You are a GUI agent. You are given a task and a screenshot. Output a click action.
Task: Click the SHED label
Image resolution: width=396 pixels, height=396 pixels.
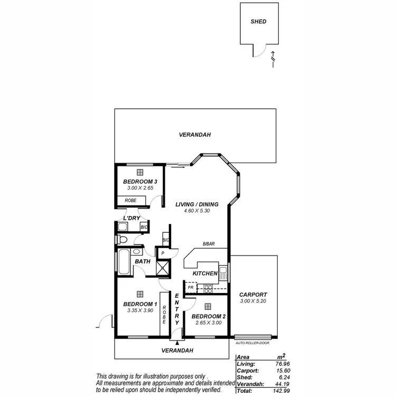tap(258, 22)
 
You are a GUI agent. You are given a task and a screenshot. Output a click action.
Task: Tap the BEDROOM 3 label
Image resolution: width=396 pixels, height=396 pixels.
tap(140, 181)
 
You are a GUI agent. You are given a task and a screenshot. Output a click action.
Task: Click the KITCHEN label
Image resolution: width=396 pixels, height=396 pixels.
tap(205, 274)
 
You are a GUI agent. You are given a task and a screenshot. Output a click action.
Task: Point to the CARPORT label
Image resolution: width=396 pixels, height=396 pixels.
tap(253, 295)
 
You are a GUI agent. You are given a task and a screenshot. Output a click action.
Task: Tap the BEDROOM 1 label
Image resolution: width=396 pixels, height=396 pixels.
tap(140, 304)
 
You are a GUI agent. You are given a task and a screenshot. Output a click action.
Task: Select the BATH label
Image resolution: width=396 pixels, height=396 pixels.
tap(143, 261)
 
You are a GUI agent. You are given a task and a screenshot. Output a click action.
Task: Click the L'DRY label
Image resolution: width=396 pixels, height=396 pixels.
tap(131, 218)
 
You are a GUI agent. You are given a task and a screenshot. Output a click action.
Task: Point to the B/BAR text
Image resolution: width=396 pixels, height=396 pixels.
tap(208, 244)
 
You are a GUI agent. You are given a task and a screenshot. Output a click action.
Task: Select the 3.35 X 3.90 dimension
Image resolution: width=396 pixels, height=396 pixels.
tap(139, 311)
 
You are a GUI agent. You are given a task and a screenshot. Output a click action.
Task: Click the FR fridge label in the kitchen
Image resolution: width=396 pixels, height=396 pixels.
tap(191, 287)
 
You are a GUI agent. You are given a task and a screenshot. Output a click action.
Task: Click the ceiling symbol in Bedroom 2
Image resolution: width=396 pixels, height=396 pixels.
tap(208, 306)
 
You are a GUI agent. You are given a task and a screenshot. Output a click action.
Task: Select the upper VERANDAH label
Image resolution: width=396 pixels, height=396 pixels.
tap(195, 135)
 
